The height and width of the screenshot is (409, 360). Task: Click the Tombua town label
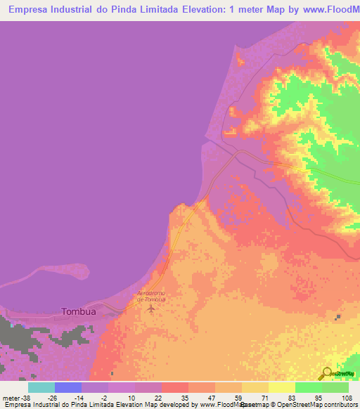tap(79, 311)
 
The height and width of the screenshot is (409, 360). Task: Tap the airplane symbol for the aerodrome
tap(150, 308)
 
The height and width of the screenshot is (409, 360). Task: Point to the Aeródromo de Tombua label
tap(150, 296)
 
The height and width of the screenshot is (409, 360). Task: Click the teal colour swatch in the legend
tap(41, 387)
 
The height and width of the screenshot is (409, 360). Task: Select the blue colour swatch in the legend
tap(68, 387)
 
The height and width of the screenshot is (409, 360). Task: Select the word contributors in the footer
tap(336, 405)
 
